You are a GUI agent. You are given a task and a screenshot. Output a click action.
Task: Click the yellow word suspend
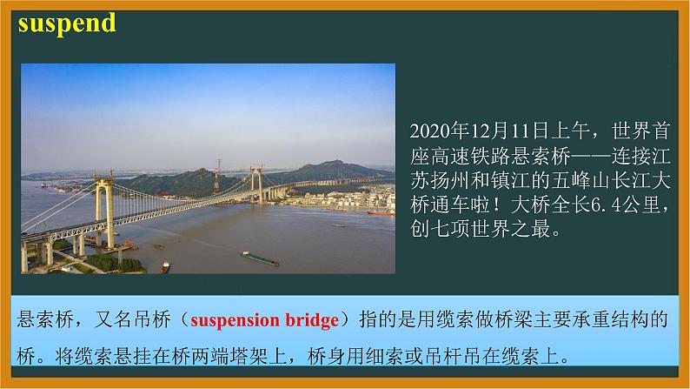[x=67, y=23]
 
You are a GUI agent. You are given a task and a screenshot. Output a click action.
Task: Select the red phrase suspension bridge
[x=264, y=321]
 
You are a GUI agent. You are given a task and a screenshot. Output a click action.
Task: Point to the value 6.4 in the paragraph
[x=606, y=205]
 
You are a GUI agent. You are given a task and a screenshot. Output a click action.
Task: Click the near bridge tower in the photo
[x=105, y=209]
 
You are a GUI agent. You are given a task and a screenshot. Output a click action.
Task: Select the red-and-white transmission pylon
[x=217, y=176]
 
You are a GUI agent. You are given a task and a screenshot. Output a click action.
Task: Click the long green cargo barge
[x=260, y=258]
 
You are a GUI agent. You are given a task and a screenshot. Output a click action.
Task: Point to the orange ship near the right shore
[x=381, y=213]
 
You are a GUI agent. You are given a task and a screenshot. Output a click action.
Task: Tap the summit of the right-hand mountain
[x=335, y=161]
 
